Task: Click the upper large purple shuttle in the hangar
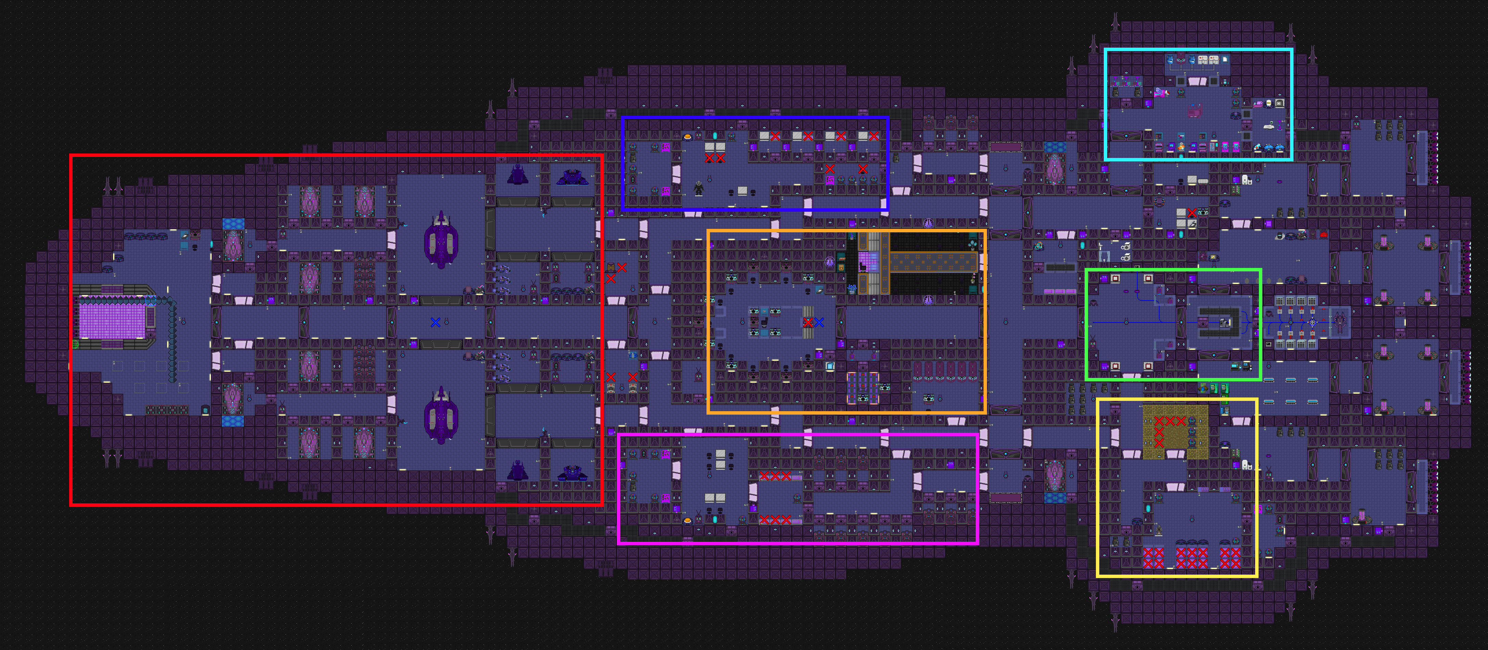(441, 240)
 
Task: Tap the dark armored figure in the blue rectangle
(699, 188)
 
